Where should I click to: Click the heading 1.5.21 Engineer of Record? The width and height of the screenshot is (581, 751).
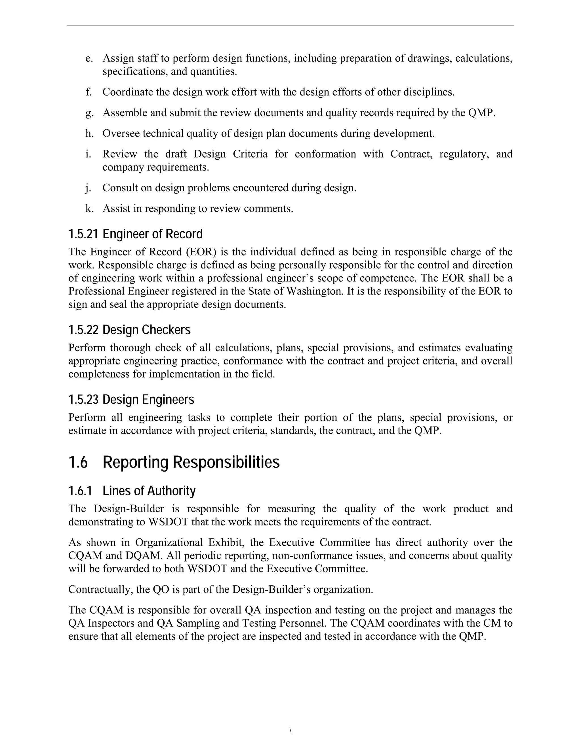[x=135, y=234]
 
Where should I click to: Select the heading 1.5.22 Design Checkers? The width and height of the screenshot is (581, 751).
[x=129, y=330]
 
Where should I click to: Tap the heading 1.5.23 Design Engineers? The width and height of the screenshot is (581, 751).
[x=131, y=400]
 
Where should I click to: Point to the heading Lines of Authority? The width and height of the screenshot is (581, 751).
[x=149, y=491]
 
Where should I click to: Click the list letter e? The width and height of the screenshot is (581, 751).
[x=89, y=58]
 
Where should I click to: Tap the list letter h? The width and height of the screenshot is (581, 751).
[x=89, y=133]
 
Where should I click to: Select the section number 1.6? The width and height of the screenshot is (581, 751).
[x=78, y=462]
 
